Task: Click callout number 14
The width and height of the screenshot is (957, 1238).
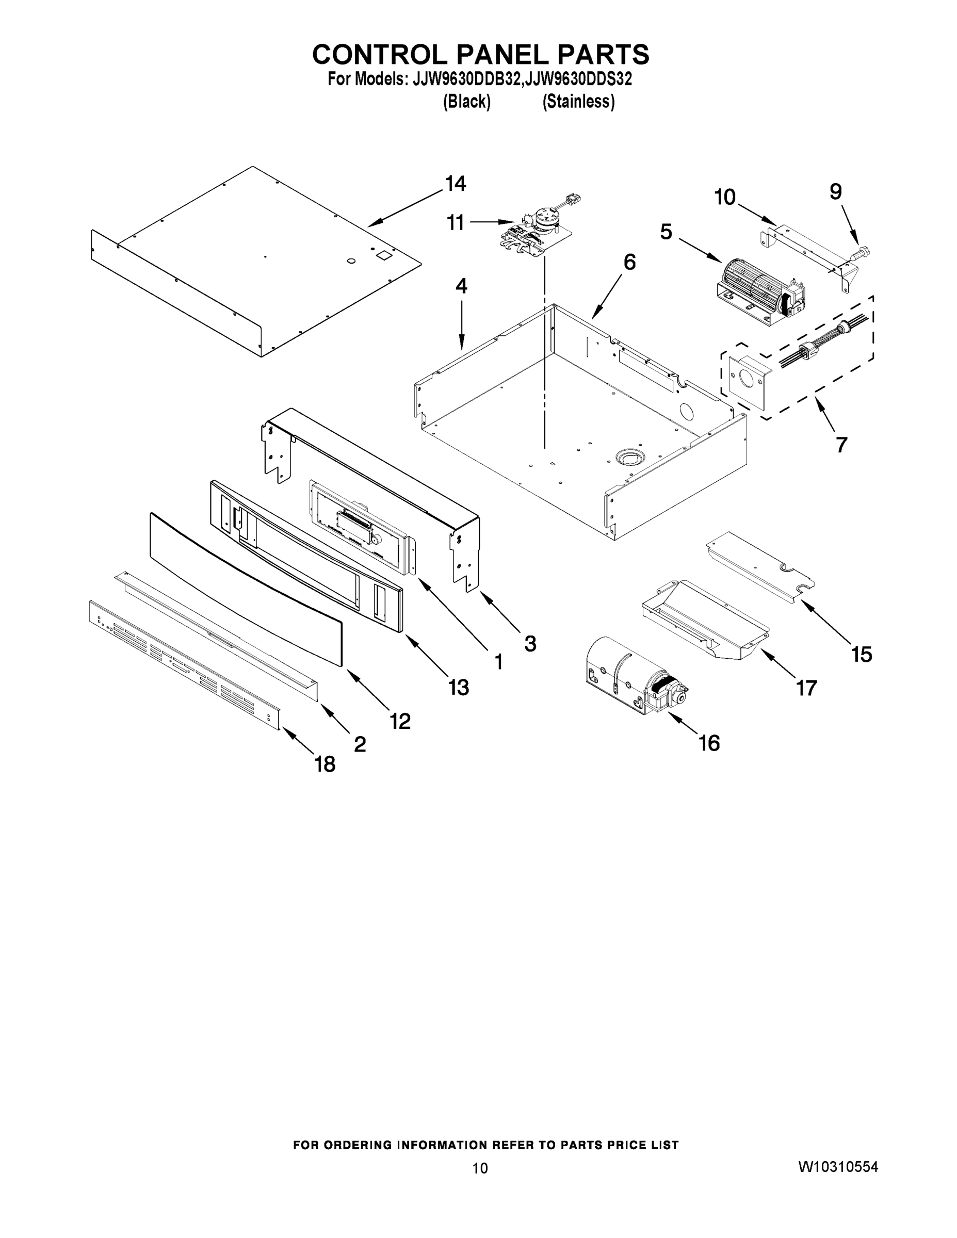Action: (455, 184)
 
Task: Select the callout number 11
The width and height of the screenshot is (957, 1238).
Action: (455, 223)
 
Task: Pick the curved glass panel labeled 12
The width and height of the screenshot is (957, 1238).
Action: (244, 590)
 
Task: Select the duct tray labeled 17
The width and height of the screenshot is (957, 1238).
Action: (706, 621)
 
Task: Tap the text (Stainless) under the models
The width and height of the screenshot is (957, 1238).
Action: (578, 102)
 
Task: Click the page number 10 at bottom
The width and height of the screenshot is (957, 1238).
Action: (480, 1168)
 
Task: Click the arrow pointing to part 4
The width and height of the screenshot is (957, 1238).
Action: (462, 325)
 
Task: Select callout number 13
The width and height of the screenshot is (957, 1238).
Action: (458, 688)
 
